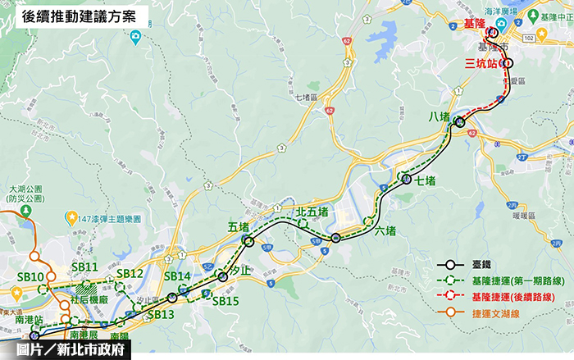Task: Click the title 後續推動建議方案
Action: click(x=80, y=16)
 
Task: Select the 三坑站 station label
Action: click(x=481, y=63)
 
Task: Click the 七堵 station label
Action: click(x=425, y=181)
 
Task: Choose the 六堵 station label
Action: click(x=385, y=230)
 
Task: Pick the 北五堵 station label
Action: click(x=312, y=212)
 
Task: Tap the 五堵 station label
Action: click(x=239, y=226)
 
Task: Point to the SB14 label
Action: click(x=177, y=276)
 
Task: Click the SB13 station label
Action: click(x=161, y=314)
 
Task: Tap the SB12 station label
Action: click(x=130, y=273)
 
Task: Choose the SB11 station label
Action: click(x=84, y=267)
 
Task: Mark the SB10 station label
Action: click(x=31, y=278)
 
